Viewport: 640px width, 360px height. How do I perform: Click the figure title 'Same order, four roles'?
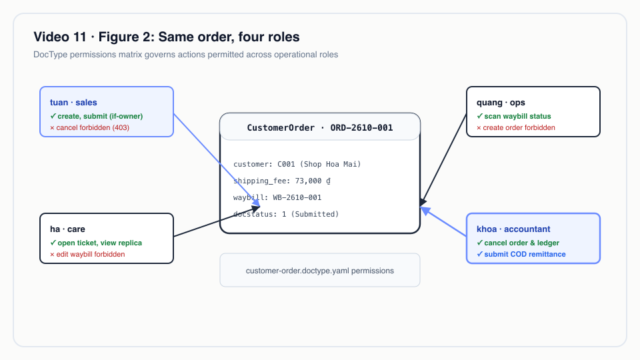(229, 37)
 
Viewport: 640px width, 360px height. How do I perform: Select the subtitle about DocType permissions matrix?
(186, 55)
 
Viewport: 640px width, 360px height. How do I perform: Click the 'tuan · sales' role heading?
(73, 103)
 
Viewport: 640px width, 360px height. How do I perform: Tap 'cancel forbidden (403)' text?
(89, 128)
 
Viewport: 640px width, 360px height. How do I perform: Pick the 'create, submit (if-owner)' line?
(96, 116)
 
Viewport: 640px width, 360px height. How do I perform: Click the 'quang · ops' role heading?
(501, 103)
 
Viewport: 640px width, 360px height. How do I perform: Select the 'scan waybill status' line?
(514, 116)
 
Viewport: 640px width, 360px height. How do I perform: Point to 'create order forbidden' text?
(516, 128)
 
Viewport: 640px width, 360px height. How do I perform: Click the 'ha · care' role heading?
(67, 229)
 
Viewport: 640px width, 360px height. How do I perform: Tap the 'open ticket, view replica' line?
(96, 243)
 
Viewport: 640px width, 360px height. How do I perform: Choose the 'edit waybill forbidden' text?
(87, 254)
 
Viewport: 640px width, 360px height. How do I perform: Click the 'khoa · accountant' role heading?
(513, 229)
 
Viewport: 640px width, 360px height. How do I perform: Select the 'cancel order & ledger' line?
(518, 243)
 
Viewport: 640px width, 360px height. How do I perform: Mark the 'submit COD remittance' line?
(521, 254)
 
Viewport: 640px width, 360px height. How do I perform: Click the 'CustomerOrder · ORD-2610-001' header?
(320, 128)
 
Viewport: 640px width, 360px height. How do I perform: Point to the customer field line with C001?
(297, 164)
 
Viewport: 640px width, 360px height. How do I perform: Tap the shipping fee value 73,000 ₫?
(313, 181)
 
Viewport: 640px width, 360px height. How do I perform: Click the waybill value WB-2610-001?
(297, 197)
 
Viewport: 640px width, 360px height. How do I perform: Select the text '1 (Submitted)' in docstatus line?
(310, 214)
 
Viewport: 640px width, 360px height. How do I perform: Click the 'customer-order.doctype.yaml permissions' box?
(320, 270)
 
